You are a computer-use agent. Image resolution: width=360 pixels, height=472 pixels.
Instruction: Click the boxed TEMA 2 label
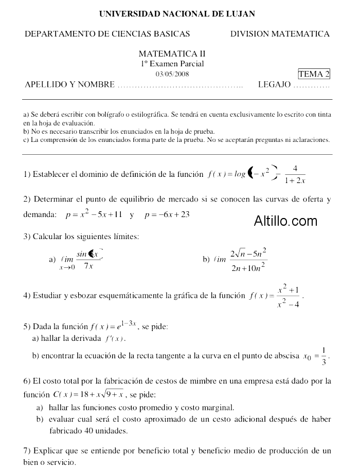point(314,74)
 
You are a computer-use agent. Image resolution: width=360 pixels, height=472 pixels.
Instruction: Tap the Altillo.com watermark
point(285,221)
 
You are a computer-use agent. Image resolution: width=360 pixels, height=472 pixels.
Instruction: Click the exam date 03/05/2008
point(172,74)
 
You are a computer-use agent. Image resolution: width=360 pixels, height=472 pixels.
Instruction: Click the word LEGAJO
point(274,85)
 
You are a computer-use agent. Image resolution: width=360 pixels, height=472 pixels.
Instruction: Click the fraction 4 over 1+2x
point(295,174)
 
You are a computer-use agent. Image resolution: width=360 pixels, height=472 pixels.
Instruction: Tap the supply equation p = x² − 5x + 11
point(94,214)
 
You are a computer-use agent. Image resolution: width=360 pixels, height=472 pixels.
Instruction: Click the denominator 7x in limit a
point(88,266)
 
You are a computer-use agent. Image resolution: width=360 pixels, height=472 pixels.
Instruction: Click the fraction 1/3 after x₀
point(323,356)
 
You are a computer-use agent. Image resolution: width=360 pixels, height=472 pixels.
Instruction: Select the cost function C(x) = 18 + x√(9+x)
point(88,395)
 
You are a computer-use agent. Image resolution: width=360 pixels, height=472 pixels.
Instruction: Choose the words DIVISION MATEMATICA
point(280,34)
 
